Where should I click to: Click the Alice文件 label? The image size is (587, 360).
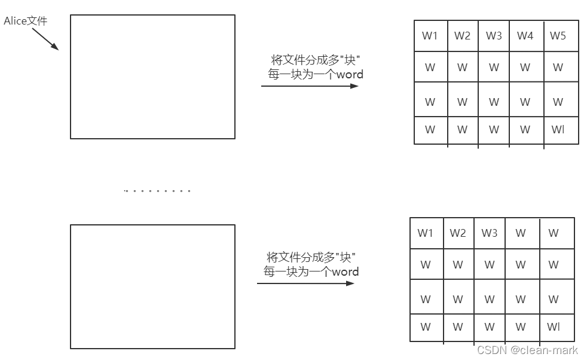coord(25,22)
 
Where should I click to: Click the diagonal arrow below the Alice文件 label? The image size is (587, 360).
coord(45,38)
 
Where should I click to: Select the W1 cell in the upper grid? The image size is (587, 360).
coord(430,36)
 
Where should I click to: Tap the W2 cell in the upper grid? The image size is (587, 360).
coord(462,36)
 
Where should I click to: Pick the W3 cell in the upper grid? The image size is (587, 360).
coord(494,36)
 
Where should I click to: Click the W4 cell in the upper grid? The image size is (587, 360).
coord(525,36)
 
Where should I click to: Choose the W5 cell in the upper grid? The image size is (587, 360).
coord(558,36)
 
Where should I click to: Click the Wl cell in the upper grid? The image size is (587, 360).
coord(558,129)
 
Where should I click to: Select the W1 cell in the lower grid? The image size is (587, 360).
coord(426,233)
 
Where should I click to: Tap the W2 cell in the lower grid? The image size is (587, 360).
coord(458,233)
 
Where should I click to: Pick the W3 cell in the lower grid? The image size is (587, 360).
coord(490,233)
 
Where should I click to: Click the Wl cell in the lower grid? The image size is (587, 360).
coord(554,327)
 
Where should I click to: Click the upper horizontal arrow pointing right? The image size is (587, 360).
coord(310,86)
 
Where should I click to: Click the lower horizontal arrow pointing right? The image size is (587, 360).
coord(305,283)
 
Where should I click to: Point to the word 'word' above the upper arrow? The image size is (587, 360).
coord(350,75)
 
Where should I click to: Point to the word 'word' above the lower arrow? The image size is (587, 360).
coord(346,271)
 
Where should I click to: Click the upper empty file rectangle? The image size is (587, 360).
coord(152,77)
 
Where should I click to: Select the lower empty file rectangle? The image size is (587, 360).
coord(152,286)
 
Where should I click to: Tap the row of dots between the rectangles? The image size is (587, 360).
coord(157,191)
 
